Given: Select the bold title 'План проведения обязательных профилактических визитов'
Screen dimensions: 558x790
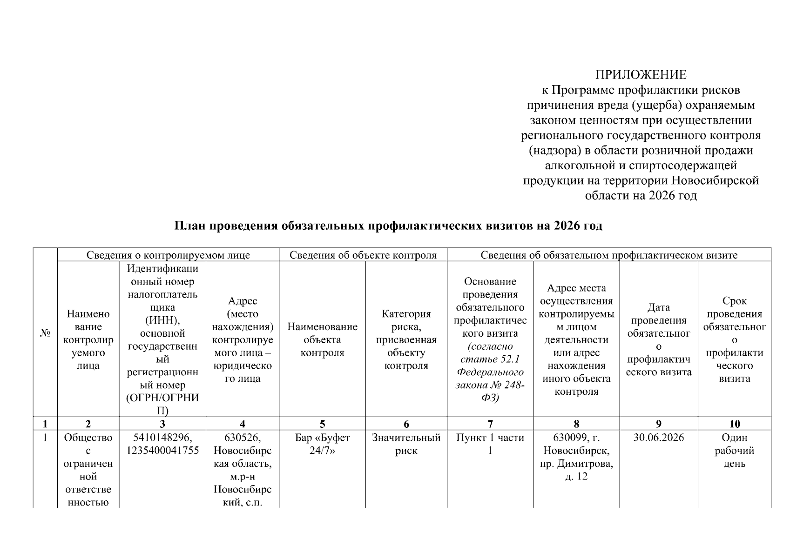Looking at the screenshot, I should pyautogui.click(x=388, y=226).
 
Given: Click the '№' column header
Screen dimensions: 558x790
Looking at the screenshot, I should pyautogui.click(x=45, y=333).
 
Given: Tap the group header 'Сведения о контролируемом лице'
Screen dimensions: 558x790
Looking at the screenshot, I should pyautogui.click(x=168, y=255).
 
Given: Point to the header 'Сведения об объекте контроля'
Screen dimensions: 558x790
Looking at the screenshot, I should pyautogui.click(x=363, y=255).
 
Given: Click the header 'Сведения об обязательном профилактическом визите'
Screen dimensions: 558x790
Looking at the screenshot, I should pyautogui.click(x=609, y=255).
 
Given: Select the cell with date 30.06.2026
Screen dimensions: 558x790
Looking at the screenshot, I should pyautogui.click(x=659, y=438).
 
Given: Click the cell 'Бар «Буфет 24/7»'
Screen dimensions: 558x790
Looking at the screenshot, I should pyautogui.click(x=322, y=444).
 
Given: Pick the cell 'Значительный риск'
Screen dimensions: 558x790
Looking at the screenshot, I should pyautogui.click(x=406, y=444).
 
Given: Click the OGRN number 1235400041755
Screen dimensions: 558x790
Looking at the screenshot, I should pyautogui.click(x=162, y=451).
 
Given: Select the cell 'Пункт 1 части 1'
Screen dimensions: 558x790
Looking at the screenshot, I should pyautogui.click(x=490, y=444).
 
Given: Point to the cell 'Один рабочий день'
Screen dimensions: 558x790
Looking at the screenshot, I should pyautogui.click(x=734, y=451).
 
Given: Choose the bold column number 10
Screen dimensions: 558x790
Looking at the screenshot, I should pyautogui.click(x=734, y=424).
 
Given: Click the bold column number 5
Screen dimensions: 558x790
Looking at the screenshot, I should pyautogui.click(x=322, y=424).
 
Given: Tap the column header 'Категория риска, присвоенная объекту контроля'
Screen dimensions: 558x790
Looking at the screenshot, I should pyautogui.click(x=406, y=339).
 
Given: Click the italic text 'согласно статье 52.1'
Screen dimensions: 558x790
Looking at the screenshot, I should pyautogui.click(x=490, y=353).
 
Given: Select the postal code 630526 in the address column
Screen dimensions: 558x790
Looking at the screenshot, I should pyautogui.click(x=242, y=438).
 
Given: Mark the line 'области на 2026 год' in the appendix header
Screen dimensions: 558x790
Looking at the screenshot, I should pyautogui.click(x=641, y=196).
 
